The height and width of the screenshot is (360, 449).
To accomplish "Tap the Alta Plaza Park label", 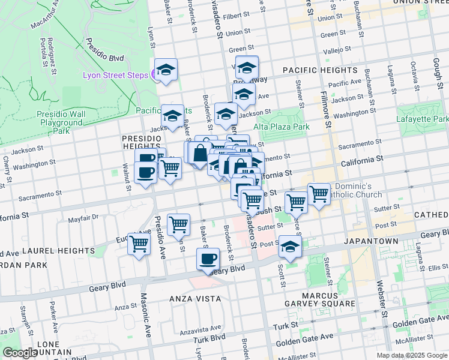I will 282,127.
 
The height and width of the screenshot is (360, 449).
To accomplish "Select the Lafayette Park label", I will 422,119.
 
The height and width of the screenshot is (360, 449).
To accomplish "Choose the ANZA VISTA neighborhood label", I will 194,298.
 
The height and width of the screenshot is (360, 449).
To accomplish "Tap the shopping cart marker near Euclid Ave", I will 139,244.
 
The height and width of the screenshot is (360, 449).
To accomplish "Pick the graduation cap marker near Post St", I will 290,247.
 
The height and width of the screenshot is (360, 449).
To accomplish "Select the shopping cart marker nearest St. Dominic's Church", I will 319,194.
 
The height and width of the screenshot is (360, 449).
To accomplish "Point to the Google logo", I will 20,353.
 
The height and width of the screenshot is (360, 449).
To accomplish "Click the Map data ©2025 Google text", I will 411,355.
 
